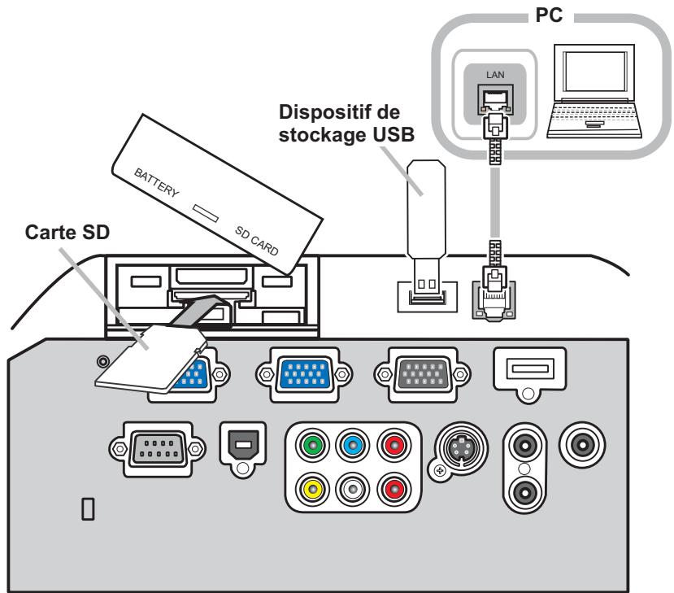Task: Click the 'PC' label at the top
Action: click(549, 15)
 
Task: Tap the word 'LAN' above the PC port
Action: click(495, 75)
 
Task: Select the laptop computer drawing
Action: click(594, 91)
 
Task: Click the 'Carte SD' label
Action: click(67, 232)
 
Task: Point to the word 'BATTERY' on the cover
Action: click(156, 183)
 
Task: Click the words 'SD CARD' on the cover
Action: click(257, 241)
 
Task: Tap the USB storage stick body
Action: click(426, 210)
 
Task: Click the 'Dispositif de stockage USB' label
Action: click(346, 124)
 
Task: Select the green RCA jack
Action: click(312, 445)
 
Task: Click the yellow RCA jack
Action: click(312, 489)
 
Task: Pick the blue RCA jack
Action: click(352, 445)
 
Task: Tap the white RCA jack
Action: click(352, 489)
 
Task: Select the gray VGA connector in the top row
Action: click(423, 374)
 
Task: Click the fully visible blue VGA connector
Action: click(304, 374)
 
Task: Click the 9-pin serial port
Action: click(158, 449)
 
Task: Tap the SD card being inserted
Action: click(150, 359)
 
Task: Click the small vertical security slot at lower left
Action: click(88, 509)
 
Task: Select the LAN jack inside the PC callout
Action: click(495, 100)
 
